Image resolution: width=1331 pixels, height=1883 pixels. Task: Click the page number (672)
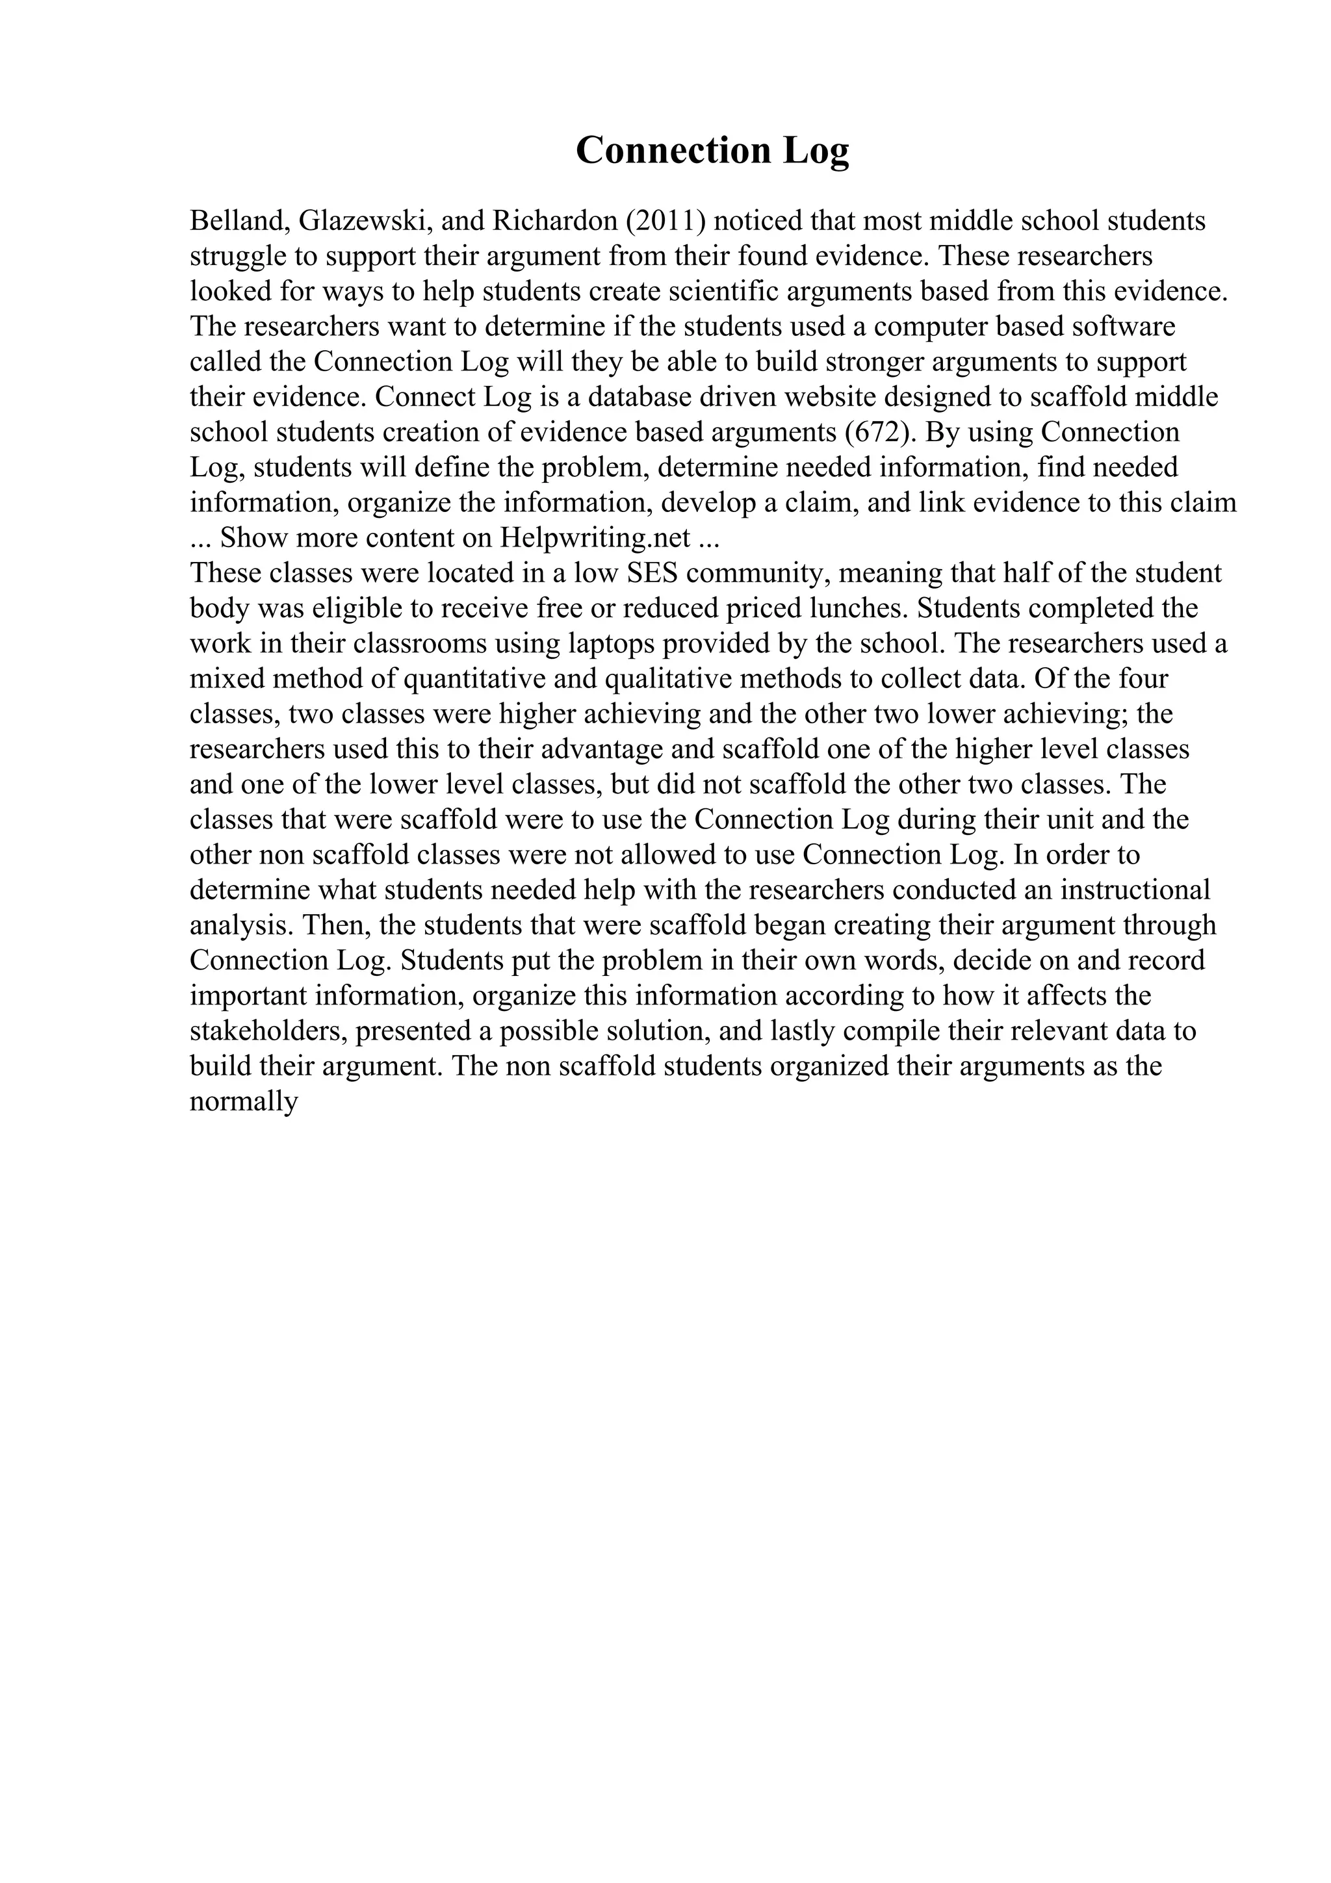coord(880,432)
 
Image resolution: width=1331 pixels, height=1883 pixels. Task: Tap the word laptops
coord(611,644)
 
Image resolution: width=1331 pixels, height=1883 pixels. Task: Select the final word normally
coord(244,1101)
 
